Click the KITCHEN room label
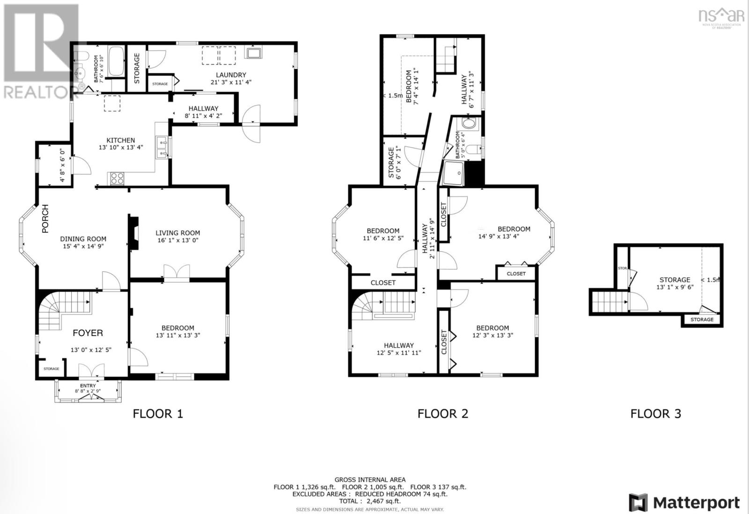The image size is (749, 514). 120,140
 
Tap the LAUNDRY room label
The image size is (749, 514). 231,75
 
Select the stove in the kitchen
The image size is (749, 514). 117,178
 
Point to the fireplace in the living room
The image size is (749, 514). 134,233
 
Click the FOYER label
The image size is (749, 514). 88,333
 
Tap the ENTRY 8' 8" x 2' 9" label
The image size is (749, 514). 88,388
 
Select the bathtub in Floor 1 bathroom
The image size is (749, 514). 116,61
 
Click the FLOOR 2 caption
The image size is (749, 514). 442,414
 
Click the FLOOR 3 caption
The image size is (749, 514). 655,414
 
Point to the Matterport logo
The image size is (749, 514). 684,503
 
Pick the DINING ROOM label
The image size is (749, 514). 83,239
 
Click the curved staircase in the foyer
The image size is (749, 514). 51,312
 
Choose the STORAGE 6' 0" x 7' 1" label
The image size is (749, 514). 394,162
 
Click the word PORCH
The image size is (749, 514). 45,219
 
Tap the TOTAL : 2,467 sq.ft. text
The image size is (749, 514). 370,501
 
